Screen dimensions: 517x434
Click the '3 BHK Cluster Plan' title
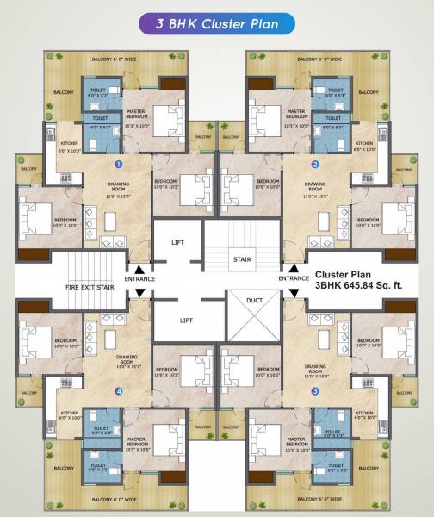(x=217, y=25)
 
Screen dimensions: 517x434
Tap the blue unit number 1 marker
(x=119, y=163)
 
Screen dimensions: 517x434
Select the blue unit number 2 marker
(x=315, y=163)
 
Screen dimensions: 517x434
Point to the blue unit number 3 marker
(x=315, y=391)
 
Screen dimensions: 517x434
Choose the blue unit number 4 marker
(x=119, y=391)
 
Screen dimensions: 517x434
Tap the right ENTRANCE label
(x=294, y=278)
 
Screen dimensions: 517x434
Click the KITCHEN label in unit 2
(x=365, y=146)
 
